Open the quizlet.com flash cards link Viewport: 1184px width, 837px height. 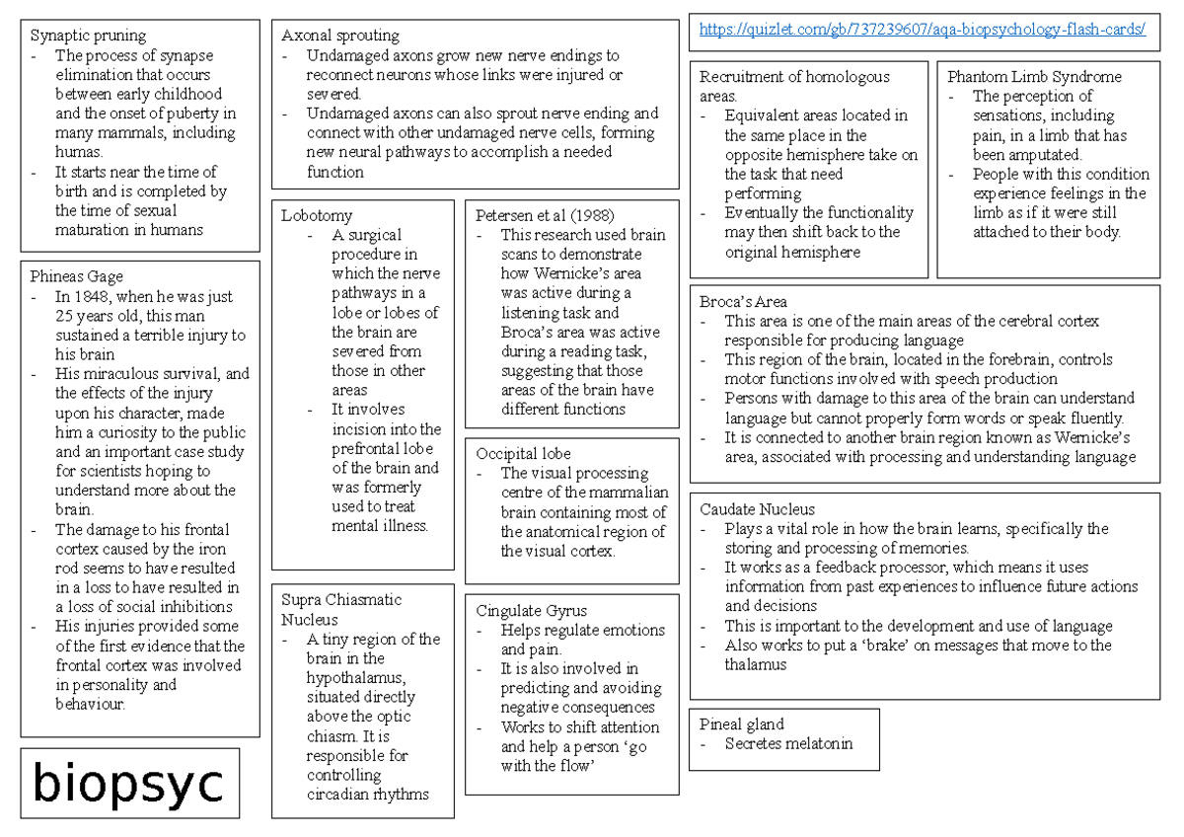(922, 30)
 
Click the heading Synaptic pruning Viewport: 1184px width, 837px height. (88, 36)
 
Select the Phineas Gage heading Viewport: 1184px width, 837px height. (77, 276)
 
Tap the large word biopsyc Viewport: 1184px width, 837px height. (128, 784)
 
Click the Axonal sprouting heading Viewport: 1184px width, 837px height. (340, 36)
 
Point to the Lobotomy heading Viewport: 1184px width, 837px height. (316, 215)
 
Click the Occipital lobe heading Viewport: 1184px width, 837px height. (523, 454)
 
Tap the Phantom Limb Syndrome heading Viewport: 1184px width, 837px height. (1034, 77)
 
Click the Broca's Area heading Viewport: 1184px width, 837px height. (743, 302)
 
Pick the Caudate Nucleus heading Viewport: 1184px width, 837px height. (757, 509)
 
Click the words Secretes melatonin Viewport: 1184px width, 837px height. (787, 744)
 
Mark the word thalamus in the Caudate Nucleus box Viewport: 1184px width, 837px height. (756, 665)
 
